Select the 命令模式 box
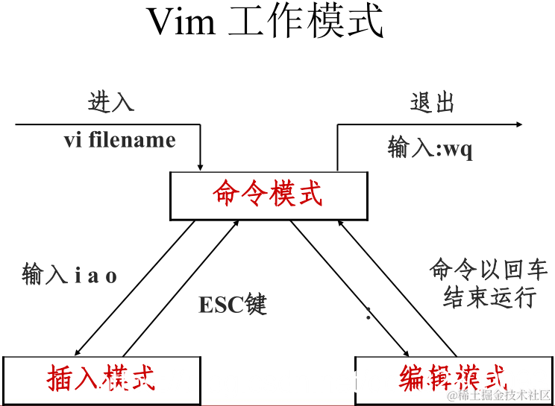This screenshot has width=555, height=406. coord(269,195)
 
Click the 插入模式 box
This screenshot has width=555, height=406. coord(101,378)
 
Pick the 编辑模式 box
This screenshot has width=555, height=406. coord(453,378)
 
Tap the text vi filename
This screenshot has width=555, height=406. coord(120,140)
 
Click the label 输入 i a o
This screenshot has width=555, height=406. coord(69,276)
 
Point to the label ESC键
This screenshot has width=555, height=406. coord(232,304)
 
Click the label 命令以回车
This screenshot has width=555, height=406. coord(489,270)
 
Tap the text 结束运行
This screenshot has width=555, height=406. coord(489,297)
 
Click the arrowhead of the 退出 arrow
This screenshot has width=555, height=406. coord(518,125)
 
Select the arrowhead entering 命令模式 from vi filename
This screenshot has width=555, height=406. coord(201,166)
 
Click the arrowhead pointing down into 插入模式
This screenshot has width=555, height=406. coord(77,353)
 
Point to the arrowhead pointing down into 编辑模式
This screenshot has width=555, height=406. coord(407,353)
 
